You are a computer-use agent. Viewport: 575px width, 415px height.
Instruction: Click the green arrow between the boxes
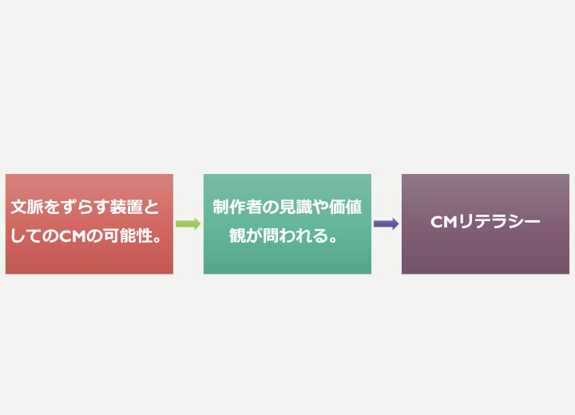point(188,223)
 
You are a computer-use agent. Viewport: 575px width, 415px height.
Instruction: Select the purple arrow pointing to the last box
point(387,223)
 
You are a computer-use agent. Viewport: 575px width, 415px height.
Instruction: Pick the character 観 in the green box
point(237,235)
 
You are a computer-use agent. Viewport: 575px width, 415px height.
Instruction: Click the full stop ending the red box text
point(157,240)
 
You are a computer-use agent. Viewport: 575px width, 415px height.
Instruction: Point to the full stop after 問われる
point(333,240)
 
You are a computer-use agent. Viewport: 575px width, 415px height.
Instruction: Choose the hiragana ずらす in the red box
point(85,207)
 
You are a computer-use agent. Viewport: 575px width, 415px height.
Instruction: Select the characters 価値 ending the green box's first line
point(346,207)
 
